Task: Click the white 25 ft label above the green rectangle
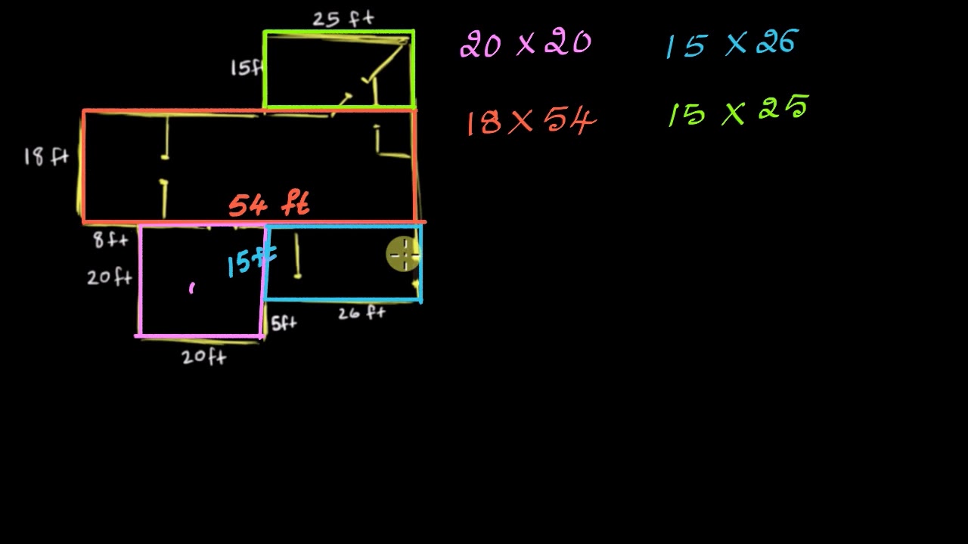coord(343,20)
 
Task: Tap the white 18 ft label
coord(46,156)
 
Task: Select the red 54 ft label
coord(269,204)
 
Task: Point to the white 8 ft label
coord(111,240)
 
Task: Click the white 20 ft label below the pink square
coord(204,357)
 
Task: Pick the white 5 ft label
coord(284,323)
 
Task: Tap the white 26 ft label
coord(361,313)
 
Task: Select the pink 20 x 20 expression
coord(526,44)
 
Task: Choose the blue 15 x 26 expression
coord(732,43)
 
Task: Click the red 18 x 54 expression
coord(532,122)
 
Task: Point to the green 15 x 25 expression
coord(738,110)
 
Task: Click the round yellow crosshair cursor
coord(404,254)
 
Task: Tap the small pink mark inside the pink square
coord(192,288)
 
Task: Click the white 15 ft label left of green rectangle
coord(247,68)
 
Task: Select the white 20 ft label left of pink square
coord(110,277)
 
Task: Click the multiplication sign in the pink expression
coord(526,45)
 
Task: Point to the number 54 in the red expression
coord(570,121)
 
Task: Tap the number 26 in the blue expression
coord(777,42)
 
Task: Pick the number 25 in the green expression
coord(783,107)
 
